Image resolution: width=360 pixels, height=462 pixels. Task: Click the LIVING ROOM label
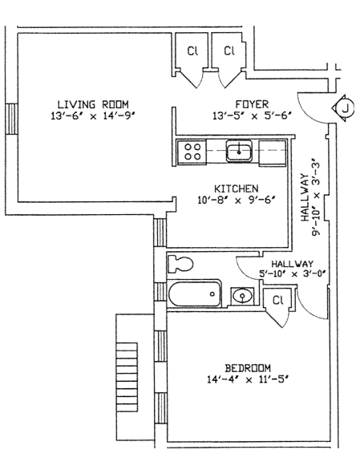point(93,104)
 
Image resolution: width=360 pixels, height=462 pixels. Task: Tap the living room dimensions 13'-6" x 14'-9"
point(93,115)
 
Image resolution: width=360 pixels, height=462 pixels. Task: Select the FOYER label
point(252,104)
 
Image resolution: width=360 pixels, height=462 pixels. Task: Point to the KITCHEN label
point(237,188)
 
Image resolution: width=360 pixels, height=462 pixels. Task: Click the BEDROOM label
point(248,368)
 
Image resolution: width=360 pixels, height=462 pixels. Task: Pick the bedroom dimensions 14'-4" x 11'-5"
point(248,379)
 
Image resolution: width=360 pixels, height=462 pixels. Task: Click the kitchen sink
point(239,151)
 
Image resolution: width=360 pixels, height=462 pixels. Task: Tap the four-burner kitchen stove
point(192,152)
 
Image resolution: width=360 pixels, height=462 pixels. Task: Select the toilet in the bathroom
point(180,264)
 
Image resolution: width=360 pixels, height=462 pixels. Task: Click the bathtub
point(195,294)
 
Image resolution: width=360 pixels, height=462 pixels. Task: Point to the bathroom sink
point(242,295)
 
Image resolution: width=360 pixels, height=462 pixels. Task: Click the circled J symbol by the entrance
point(343,107)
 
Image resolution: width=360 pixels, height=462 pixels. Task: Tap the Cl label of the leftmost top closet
point(192,51)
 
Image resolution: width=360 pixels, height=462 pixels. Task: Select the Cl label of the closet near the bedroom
point(277,301)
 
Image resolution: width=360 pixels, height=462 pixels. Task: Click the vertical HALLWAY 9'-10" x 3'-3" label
point(309,197)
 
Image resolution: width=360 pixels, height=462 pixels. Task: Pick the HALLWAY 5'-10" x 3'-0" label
point(293,269)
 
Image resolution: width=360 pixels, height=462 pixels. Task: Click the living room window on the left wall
point(11,119)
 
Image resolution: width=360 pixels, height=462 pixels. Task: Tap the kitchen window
point(160,233)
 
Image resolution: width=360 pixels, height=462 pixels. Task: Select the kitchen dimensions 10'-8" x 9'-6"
point(237,201)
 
